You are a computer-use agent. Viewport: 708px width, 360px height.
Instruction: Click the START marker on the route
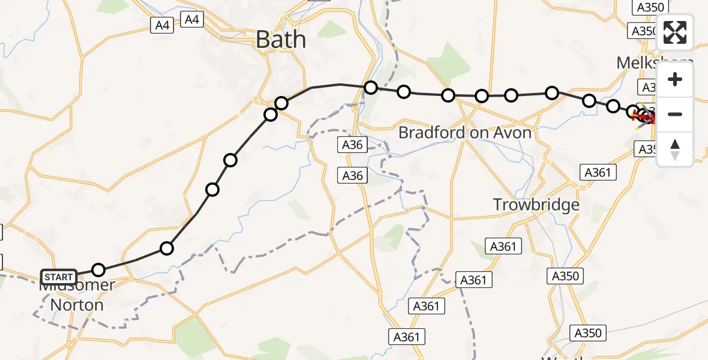59,277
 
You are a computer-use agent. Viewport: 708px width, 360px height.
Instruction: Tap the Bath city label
280,40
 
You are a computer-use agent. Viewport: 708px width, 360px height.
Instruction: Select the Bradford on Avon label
465,133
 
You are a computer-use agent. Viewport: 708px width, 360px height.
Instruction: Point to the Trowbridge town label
536,205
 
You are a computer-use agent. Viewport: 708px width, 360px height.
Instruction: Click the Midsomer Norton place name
76,295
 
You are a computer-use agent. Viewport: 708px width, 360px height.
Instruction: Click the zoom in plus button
675,80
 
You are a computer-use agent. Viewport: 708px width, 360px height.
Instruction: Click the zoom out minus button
675,114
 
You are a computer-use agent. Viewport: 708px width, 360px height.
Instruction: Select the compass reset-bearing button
675,149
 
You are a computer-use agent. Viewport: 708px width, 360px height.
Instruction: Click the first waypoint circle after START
98,269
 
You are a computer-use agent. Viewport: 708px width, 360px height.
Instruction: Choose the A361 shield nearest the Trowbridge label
505,246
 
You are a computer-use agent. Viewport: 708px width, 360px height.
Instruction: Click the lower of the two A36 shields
352,175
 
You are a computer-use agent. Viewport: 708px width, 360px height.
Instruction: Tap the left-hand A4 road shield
162,25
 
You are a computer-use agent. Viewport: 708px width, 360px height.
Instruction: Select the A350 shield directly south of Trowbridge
565,276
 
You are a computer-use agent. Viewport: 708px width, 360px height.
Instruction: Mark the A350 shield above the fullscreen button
650,7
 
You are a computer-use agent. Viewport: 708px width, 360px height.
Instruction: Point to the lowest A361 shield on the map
406,337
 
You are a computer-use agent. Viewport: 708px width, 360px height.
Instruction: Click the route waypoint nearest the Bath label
281,103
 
